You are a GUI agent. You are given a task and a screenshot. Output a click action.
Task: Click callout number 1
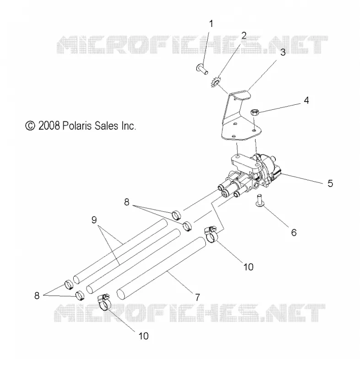point(211,24)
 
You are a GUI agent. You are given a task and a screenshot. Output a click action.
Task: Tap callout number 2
point(244,36)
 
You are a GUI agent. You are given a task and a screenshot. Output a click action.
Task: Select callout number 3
point(283,52)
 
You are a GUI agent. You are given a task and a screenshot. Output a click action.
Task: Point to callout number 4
point(306,100)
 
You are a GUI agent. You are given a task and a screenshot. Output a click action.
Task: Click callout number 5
point(330,183)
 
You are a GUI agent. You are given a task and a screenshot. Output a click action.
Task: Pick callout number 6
point(294,232)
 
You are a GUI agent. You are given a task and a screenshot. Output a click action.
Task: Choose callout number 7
point(197,297)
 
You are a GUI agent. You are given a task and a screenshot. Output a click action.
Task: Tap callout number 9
point(94,220)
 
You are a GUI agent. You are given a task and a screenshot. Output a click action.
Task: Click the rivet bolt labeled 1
point(202,70)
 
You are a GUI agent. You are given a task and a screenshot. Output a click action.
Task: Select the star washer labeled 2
point(215,82)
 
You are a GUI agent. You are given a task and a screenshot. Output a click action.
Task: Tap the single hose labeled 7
point(161,268)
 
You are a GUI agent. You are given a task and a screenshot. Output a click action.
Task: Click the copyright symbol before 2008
point(30,126)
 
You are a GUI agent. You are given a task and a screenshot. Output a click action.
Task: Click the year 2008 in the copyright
point(49,126)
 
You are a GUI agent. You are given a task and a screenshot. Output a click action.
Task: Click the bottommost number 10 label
point(144,336)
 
